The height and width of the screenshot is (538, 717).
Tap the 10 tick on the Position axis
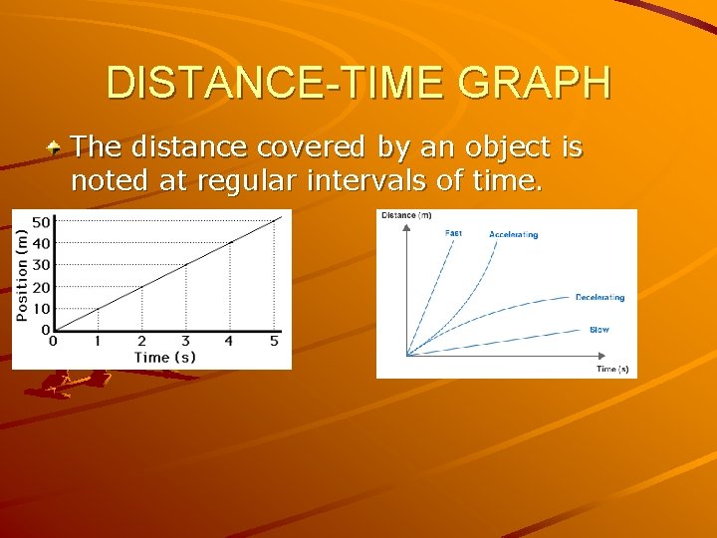pyautogui.click(x=43, y=308)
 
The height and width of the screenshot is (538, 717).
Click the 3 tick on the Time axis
pyautogui.click(x=185, y=341)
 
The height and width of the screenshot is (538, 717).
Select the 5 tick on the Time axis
pyautogui.click(x=274, y=341)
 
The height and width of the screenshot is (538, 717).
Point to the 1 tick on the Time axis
pyautogui.click(x=98, y=341)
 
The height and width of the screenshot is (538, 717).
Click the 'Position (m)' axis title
pyautogui.click(x=22, y=274)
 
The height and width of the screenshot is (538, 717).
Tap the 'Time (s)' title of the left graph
pyautogui.click(x=165, y=357)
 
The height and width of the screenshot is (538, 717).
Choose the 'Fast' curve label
pyautogui.click(x=453, y=233)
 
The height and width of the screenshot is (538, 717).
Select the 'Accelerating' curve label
pyautogui.click(x=513, y=235)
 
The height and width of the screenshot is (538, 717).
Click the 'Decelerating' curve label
pyautogui.click(x=599, y=297)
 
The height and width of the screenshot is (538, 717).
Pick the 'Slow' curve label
pyautogui.click(x=598, y=330)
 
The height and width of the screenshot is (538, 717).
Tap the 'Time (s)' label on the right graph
pyautogui.click(x=612, y=369)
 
